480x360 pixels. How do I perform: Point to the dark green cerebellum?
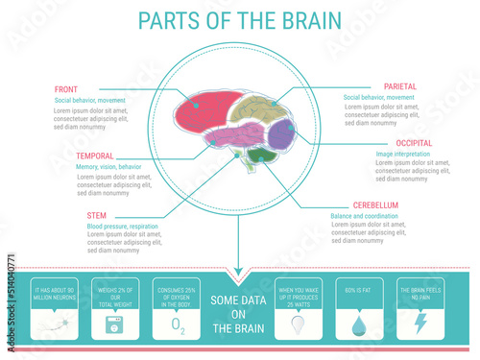click(260, 154)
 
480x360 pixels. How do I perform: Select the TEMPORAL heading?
click(95, 156)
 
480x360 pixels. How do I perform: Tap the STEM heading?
click(84, 215)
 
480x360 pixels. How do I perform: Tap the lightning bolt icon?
click(419, 324)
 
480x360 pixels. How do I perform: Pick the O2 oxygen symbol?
click(177, 325)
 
